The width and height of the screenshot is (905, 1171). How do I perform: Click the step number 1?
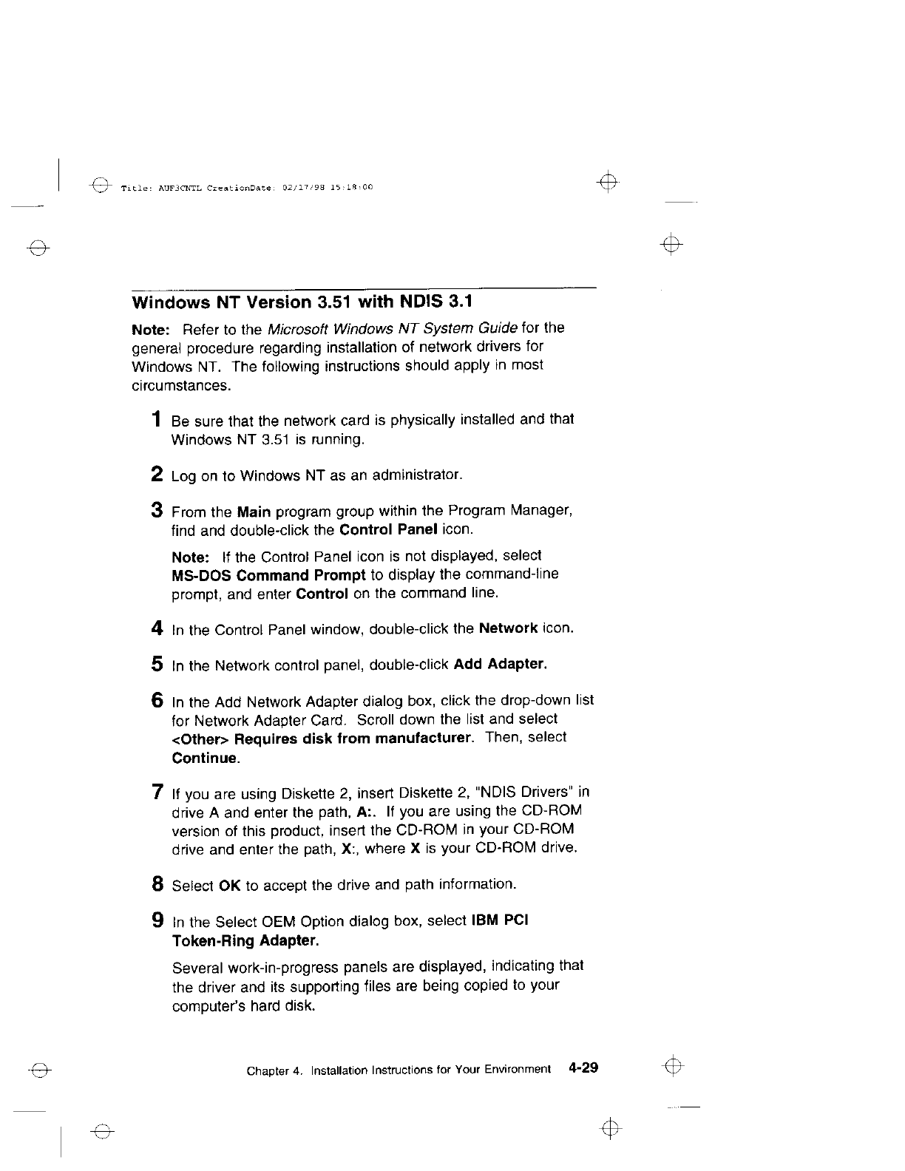point(157,420)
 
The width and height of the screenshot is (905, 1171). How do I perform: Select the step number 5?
point(157,664)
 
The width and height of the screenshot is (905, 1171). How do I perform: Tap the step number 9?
point(157,921)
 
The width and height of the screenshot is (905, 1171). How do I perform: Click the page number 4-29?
point(583,1068)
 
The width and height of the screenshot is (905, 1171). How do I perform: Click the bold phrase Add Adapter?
point(501,664)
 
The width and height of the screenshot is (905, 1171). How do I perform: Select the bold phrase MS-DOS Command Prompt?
point(268,574)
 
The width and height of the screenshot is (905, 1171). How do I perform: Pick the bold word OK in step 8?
point(230,885)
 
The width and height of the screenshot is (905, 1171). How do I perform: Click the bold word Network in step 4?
point(508,628)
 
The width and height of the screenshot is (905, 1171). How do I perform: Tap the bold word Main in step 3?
point(254,512)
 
